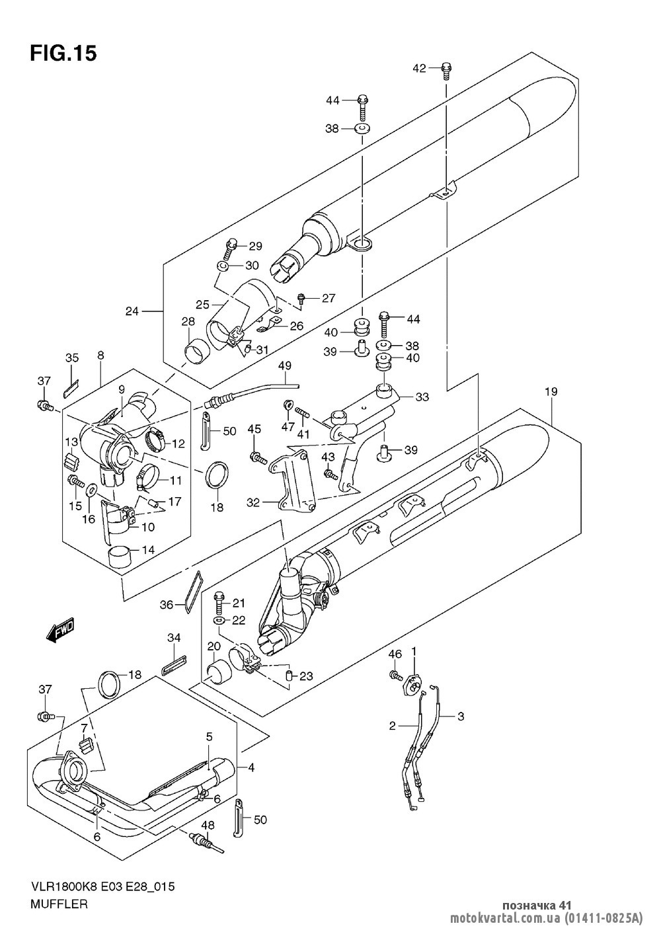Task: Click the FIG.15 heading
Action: click(63, 53)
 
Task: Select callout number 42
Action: click(420, 67)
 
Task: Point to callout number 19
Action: click(551, 392)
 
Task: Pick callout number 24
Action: click(132, 311)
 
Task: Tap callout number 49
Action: click(285, 365)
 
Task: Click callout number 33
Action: click(423, 397)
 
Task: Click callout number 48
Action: click(208, 825)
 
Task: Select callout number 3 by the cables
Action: click(461, 716)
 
